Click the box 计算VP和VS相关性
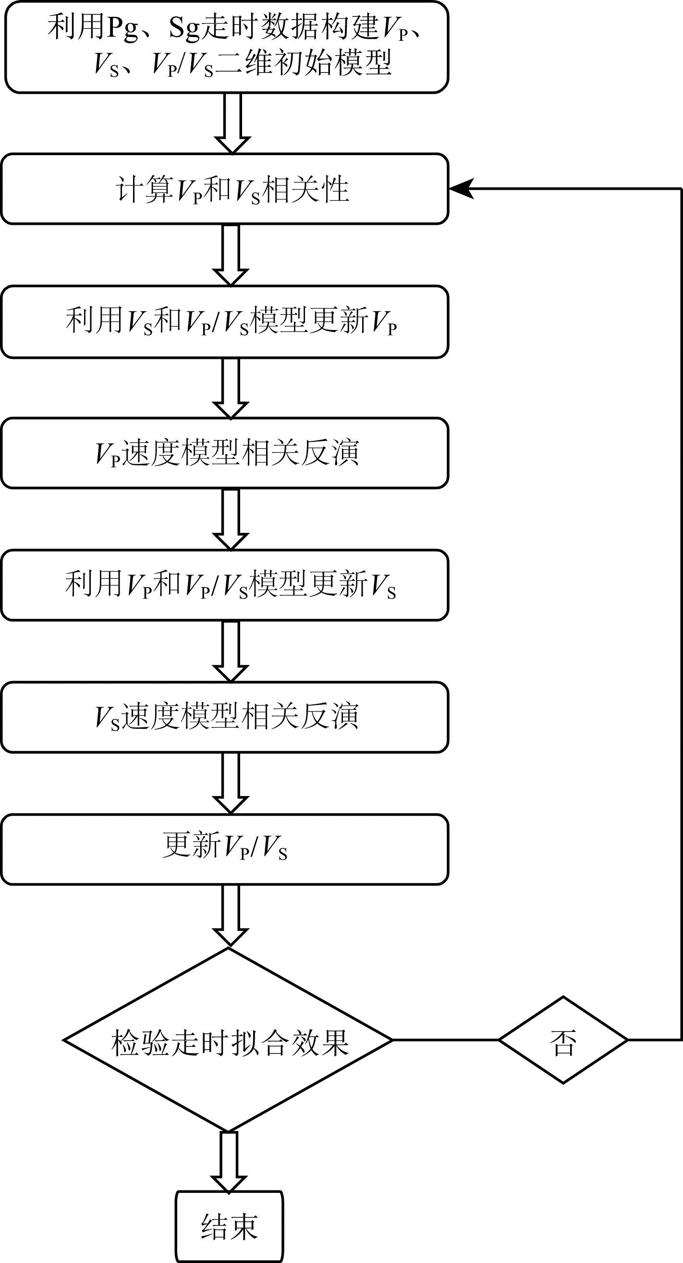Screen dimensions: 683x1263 pos(225,189)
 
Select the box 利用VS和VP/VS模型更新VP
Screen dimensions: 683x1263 pos(225,321)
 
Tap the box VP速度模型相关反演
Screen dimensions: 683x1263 pos(225,453)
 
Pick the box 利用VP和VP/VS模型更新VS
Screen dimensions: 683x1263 pos(225,586)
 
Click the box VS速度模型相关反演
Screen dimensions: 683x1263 pos(225,717)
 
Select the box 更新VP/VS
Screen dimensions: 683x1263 pos(225,850)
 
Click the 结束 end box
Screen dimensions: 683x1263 pos(230,1226)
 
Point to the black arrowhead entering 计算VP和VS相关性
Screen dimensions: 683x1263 pos(462,189)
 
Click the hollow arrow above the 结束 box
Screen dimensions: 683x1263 pos(229,1163)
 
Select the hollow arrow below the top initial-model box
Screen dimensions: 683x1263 pos(233,123)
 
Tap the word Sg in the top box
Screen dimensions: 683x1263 pos(185,28)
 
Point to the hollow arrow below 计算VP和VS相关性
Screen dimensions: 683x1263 pos(231,256)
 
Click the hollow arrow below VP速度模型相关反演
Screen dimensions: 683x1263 pos(231,520)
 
